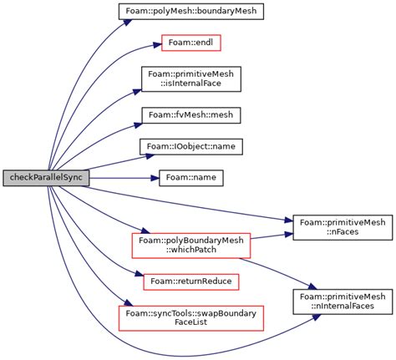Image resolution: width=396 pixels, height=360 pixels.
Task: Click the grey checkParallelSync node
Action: click(x=44, y=178)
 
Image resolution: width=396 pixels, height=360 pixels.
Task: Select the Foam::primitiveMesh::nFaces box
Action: click(x=343, y=228)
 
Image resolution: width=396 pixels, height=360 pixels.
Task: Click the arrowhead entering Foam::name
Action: click(x=154, y=178)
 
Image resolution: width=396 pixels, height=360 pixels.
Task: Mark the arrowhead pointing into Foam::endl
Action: click(x=155, y=41)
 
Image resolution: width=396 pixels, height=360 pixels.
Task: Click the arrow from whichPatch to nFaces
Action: click(x=267, y=236)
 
